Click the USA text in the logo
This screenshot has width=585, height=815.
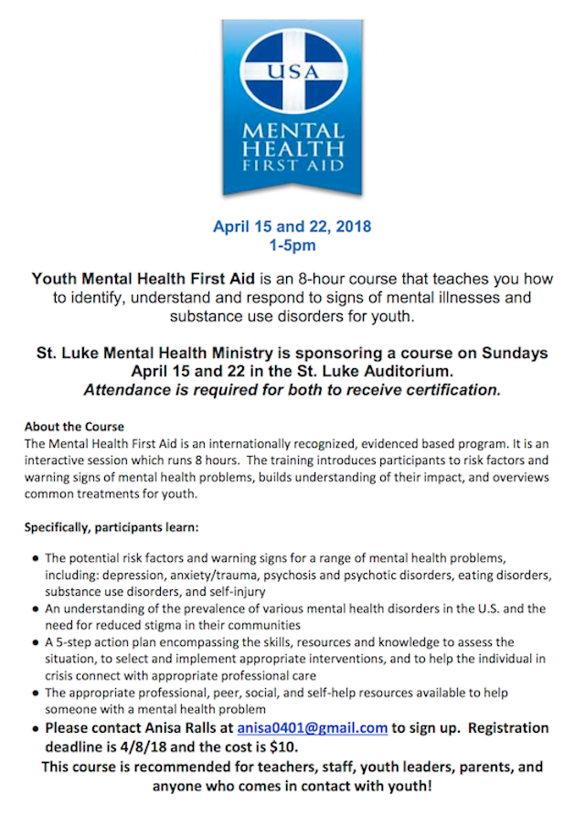pos(292,69)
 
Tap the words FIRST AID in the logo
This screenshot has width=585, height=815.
pos(292,166)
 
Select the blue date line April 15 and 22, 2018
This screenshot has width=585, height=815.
pos(292,227)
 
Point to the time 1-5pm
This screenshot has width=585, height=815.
pos(292,246)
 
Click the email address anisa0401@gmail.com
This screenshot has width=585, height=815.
pos(313,728)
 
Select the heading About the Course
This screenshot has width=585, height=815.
pos(74,427)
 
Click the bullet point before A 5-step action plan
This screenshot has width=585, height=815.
pos(35,643)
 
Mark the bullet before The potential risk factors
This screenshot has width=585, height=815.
pos(35,558)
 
